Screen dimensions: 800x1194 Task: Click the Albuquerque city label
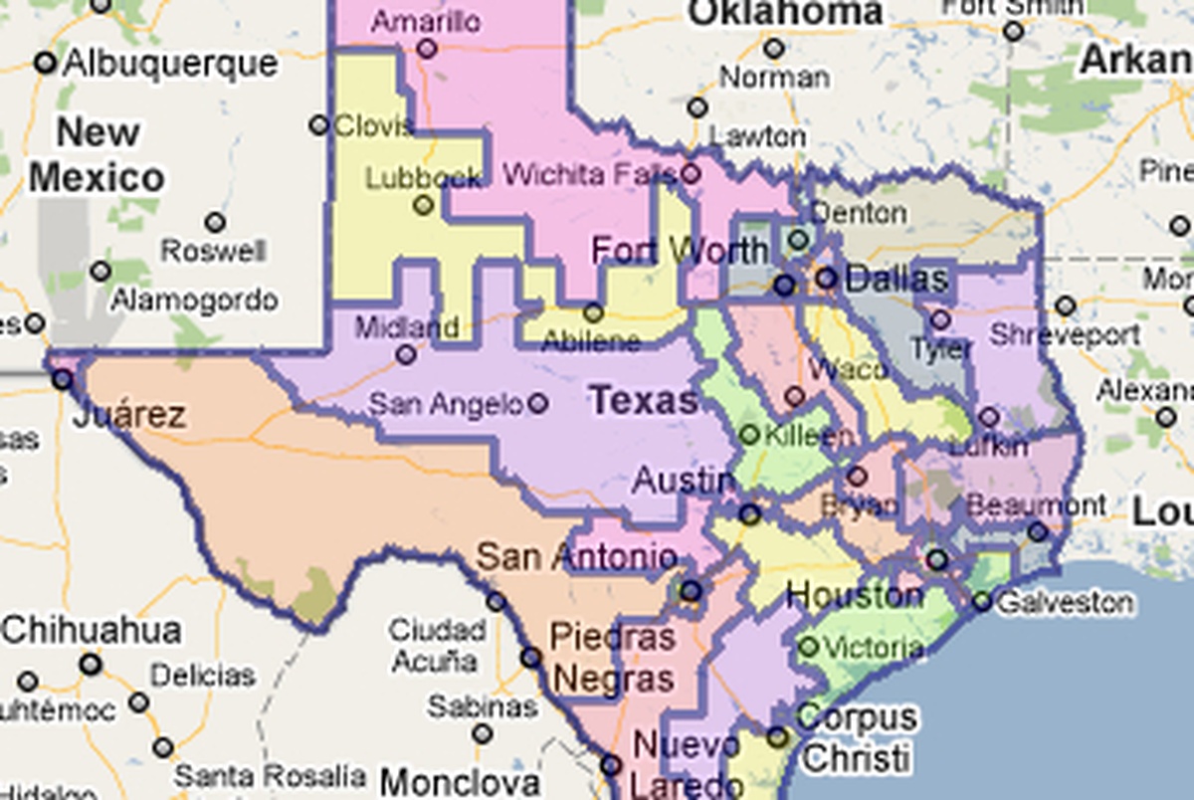click(169, 64)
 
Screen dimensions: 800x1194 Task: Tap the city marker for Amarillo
click(427, 48)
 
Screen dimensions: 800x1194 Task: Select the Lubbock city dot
click(424, 205)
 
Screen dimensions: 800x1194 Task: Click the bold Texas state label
click(644, 401)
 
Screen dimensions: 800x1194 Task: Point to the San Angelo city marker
click(538, 403)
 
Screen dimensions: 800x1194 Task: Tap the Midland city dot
click(406, 354)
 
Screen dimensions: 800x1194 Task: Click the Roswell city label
click(213, 250)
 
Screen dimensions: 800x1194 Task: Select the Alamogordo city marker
click(99, 271)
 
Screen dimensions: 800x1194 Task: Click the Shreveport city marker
click(1066, 305)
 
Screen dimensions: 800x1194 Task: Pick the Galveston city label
click(1065, 602)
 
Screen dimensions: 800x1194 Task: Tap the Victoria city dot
click(808, 648)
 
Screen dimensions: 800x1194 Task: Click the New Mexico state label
click(97, 155)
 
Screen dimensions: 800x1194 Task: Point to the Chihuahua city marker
click(92, 663)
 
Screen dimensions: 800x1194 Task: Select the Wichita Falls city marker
click(690, 174)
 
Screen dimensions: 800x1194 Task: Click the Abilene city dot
click(593, 312)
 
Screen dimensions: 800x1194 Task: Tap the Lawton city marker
click(697, 107)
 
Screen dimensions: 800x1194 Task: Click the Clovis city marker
click(318, 125)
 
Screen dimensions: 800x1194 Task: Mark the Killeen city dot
click(749, 435)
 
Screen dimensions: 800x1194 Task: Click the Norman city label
click(774, 77)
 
